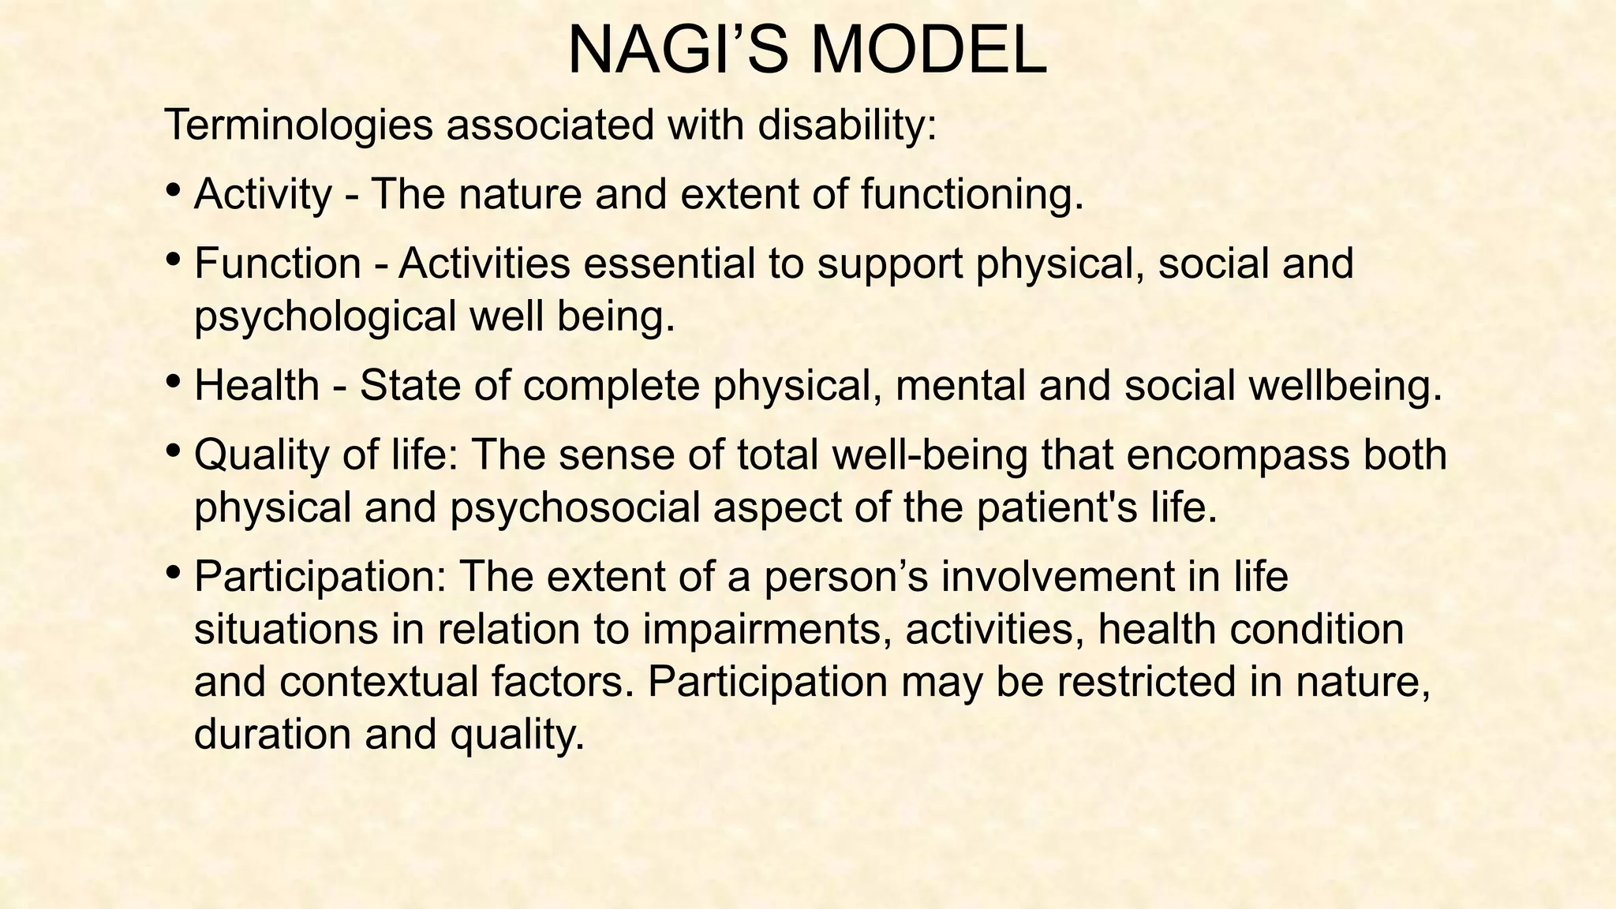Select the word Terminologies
(x=299, y=125)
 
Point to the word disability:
(x=847, y=125)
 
